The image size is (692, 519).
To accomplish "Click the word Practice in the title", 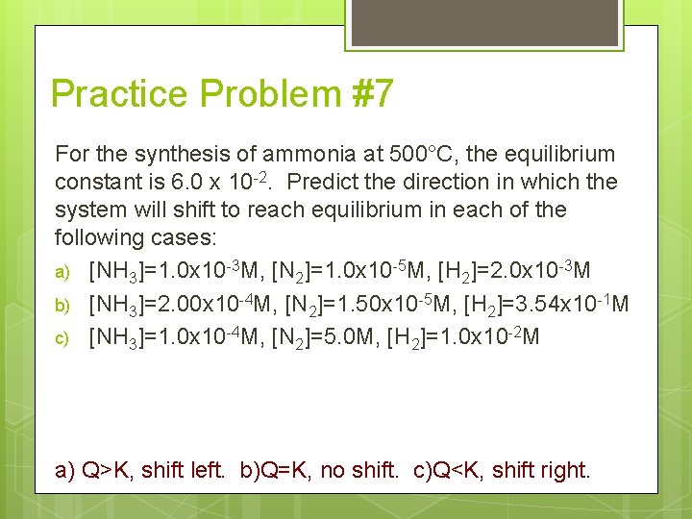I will pyautogui.click(x=122, y=94).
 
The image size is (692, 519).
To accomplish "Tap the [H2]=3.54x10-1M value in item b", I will pyautogui.click(x=546, y=305).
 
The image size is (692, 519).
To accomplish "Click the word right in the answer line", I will pyautogui.click(x=567, y=471).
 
